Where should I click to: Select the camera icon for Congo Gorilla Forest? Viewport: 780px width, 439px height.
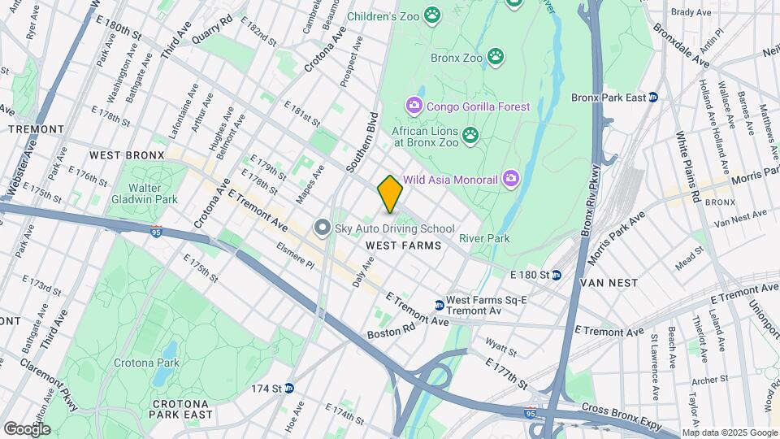point(414,106)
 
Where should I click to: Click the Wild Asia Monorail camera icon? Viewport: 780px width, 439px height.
point(510,177)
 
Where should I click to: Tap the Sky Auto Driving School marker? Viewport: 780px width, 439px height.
point(323,228)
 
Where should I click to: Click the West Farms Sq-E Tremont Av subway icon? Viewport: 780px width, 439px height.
point(440,305)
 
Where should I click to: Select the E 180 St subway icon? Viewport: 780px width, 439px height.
point(557,275)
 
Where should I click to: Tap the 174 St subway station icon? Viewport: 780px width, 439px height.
point(288,389)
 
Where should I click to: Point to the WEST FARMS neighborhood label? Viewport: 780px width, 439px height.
point(403,246)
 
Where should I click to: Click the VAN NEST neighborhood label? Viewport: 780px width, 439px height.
point(609,282)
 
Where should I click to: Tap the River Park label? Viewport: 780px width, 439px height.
point(484,238)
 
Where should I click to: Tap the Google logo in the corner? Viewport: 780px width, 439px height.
point(27,428)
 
